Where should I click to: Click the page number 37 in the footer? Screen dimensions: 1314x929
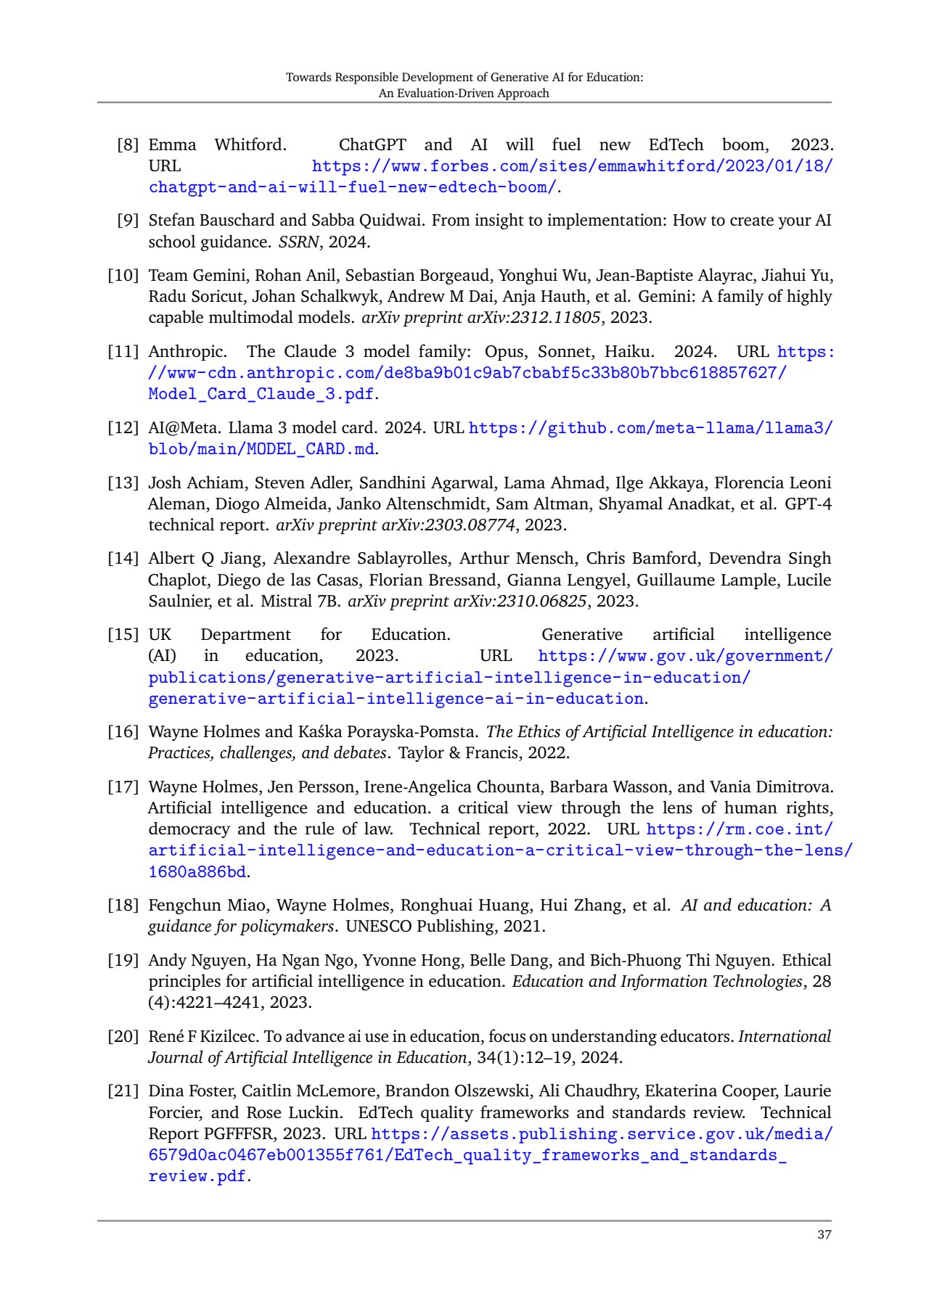824,1235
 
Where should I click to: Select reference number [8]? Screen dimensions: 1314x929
128,144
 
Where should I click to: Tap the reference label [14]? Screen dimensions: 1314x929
123,558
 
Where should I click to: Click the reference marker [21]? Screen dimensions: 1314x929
123,1091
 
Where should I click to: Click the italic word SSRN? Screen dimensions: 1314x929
298,242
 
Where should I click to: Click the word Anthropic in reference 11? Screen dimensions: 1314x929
187,351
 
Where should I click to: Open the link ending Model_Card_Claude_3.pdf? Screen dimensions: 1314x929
261,394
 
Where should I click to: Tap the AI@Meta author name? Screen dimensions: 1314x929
183,427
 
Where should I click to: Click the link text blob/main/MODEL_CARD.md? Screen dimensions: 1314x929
261,449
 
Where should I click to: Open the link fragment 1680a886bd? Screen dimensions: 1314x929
197,871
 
